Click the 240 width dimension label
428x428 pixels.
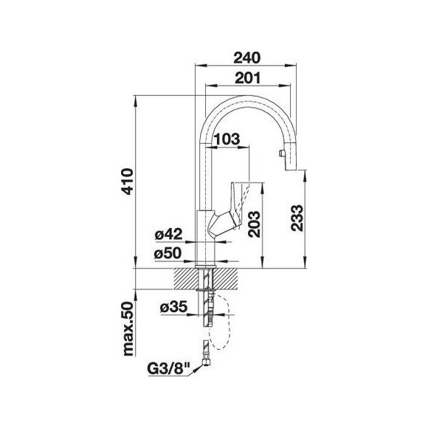coord(247,58)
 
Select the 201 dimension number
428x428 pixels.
coord(248,78)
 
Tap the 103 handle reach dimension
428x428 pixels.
coord(227,139)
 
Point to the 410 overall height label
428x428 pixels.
coord(128,182)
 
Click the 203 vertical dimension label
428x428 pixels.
coord(254,224)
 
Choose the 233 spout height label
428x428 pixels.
coord(297,218)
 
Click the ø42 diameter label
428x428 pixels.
coord(168,234)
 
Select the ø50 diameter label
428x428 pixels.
coord(168,253)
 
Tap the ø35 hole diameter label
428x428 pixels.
coord(174,306)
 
